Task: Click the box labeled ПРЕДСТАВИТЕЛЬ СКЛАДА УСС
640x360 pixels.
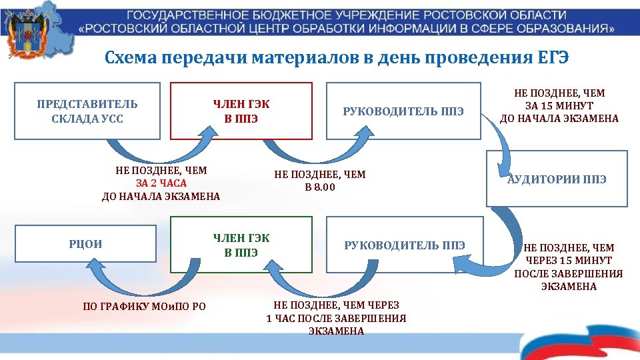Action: click(87, 111)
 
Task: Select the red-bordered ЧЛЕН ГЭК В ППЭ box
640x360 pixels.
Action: click(241, 111)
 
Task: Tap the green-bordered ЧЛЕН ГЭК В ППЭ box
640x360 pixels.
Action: click(241, 245)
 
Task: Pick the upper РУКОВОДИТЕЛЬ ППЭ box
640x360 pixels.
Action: click(403, 111)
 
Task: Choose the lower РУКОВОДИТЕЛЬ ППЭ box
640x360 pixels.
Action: click(404, 245)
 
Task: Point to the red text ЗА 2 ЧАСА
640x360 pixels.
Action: click(161, 183)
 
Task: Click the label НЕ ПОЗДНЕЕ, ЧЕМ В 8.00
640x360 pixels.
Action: click(320, 181)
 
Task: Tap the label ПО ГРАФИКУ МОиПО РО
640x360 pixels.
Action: click(144, 307)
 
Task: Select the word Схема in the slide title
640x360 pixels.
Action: click(129, 57)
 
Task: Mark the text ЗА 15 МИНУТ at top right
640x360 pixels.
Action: click(559, 106)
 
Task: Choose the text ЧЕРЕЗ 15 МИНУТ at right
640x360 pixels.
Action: click(568, 261)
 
